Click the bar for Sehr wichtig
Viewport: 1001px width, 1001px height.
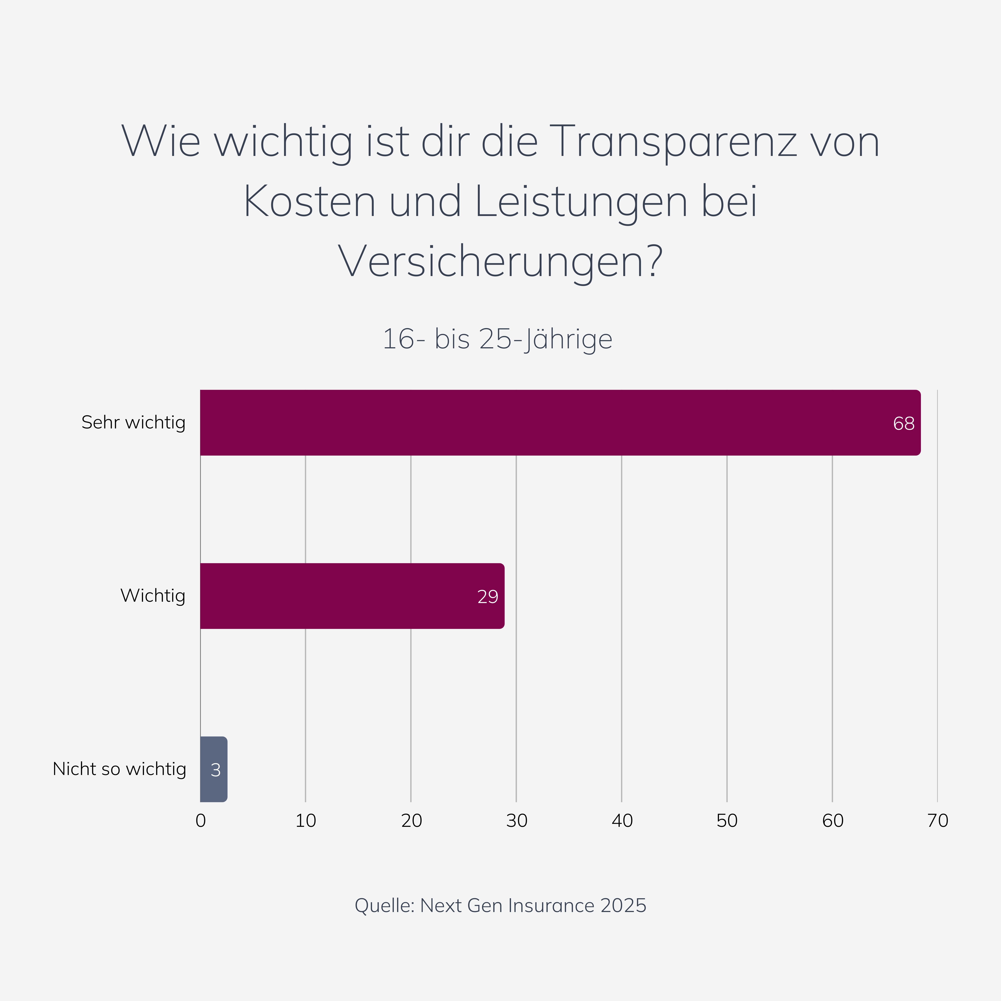click(x=560, y=423)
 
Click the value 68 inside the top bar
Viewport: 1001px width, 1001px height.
click(x=904, y=424)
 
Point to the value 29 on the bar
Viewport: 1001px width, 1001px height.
click(x=488, y=597)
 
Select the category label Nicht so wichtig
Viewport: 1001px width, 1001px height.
click(x=119, y=769)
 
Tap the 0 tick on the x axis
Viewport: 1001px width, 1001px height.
click(x=200, y=821)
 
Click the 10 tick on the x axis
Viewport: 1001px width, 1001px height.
click(x=306, y=821)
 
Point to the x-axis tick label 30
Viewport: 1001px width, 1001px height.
click(x=517, y=821)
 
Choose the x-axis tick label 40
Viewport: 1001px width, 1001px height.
click(x=622, y=821)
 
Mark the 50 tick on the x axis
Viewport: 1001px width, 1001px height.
click(x=727, y=821)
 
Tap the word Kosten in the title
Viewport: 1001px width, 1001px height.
click(x=309, y=202)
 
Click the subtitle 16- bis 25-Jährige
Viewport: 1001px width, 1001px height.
click(x=497, y=339)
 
